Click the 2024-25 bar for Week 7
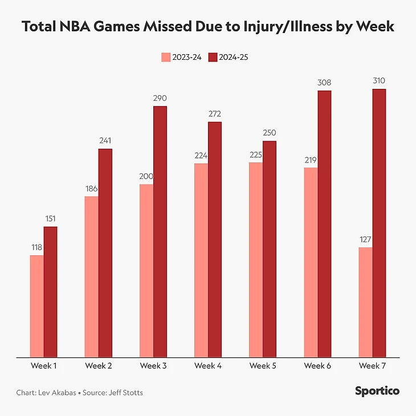pos(379,223)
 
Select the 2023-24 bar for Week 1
pos(37,306)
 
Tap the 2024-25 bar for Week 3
pos(160,231)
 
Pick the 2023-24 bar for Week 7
pos(365,302)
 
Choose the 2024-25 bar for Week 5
pos(270,249)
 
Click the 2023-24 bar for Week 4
pos(201,260)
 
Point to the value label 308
pos(324,83)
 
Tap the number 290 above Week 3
pos(160,99)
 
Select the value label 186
pos(92,189)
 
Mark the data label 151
pos(51,219)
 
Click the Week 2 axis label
pos(99,365)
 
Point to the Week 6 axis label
pos(317,365)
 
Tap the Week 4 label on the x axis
pos(208,365)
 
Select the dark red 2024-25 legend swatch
pos(213,57)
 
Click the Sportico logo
pos(377,391)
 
